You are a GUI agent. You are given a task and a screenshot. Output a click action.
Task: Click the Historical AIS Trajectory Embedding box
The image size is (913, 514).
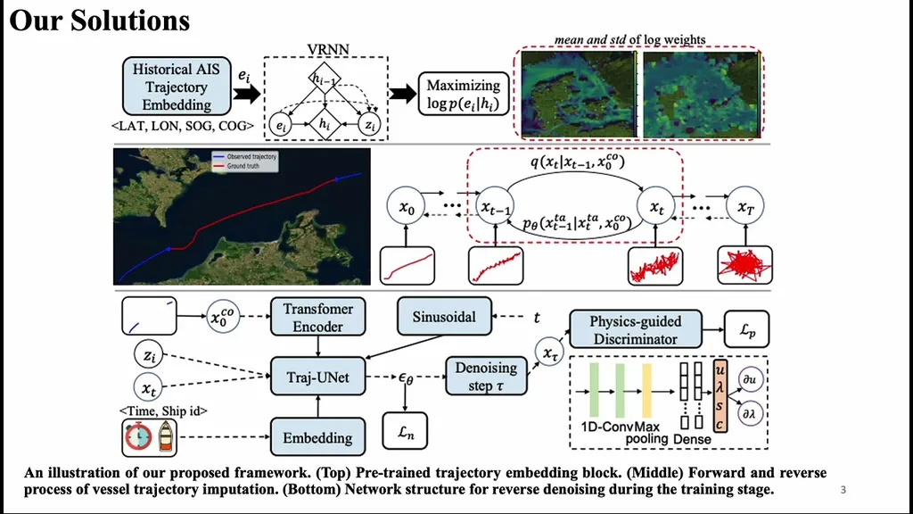click(176, 87)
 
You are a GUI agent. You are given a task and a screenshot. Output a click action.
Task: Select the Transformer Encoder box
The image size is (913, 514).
click(317, 318)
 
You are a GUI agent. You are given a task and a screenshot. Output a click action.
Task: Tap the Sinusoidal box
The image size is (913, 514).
click(444, 316)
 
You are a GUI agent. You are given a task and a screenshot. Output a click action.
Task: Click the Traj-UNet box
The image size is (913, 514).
click(317, 377)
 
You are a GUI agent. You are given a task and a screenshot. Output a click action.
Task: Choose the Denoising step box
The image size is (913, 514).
click(486, 377)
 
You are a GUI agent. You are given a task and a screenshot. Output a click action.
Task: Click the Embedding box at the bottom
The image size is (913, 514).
click(317, 437)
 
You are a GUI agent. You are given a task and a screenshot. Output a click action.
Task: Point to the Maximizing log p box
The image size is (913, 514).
click(463, 95)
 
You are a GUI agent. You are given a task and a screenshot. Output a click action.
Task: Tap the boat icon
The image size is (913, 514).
click(167, 438)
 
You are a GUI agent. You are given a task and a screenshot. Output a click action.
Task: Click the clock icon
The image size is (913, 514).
click(137, 438)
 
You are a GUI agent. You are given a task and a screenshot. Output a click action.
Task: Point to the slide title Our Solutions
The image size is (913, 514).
click(100, 20)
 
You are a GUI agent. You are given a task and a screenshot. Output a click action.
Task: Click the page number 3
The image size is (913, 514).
click(843, 490)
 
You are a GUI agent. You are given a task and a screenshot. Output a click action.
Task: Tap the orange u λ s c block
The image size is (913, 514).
click(720, 394)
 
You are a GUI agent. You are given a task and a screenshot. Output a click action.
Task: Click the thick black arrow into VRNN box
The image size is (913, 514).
click(248, 93)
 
